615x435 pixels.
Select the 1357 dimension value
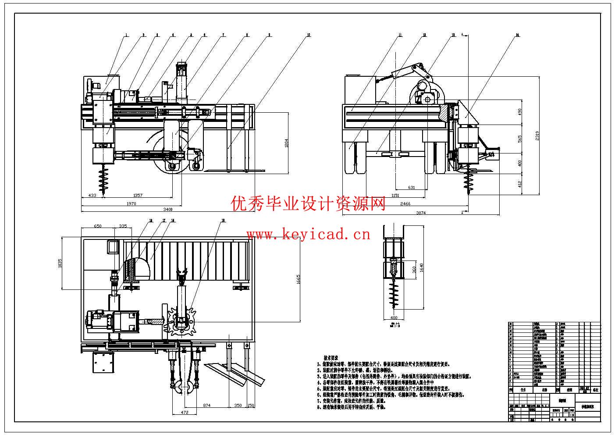pyautogui.click(x=138, y=195)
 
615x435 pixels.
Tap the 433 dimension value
pyautogui.click(x=92, y=195)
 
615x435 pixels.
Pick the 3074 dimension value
pyautogui.click(x=421, y=213)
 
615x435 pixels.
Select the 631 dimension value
pyautogui.click(x=411, y=188)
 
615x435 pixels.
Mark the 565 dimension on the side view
pyautogui.click(x=520, y=138)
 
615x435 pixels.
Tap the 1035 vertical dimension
pyautogui.click(x=60, y=263)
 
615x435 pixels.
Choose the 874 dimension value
pyautogui.click(x=206, y=406)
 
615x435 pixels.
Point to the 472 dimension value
pyautogui.click(x=185, y=413)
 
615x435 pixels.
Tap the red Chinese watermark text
pyautogui.click(x=308, y=203)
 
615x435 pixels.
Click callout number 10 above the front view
pyautogui.click(x=309, y=35)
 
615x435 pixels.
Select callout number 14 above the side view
pyautogui.click(x=517, y=35)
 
